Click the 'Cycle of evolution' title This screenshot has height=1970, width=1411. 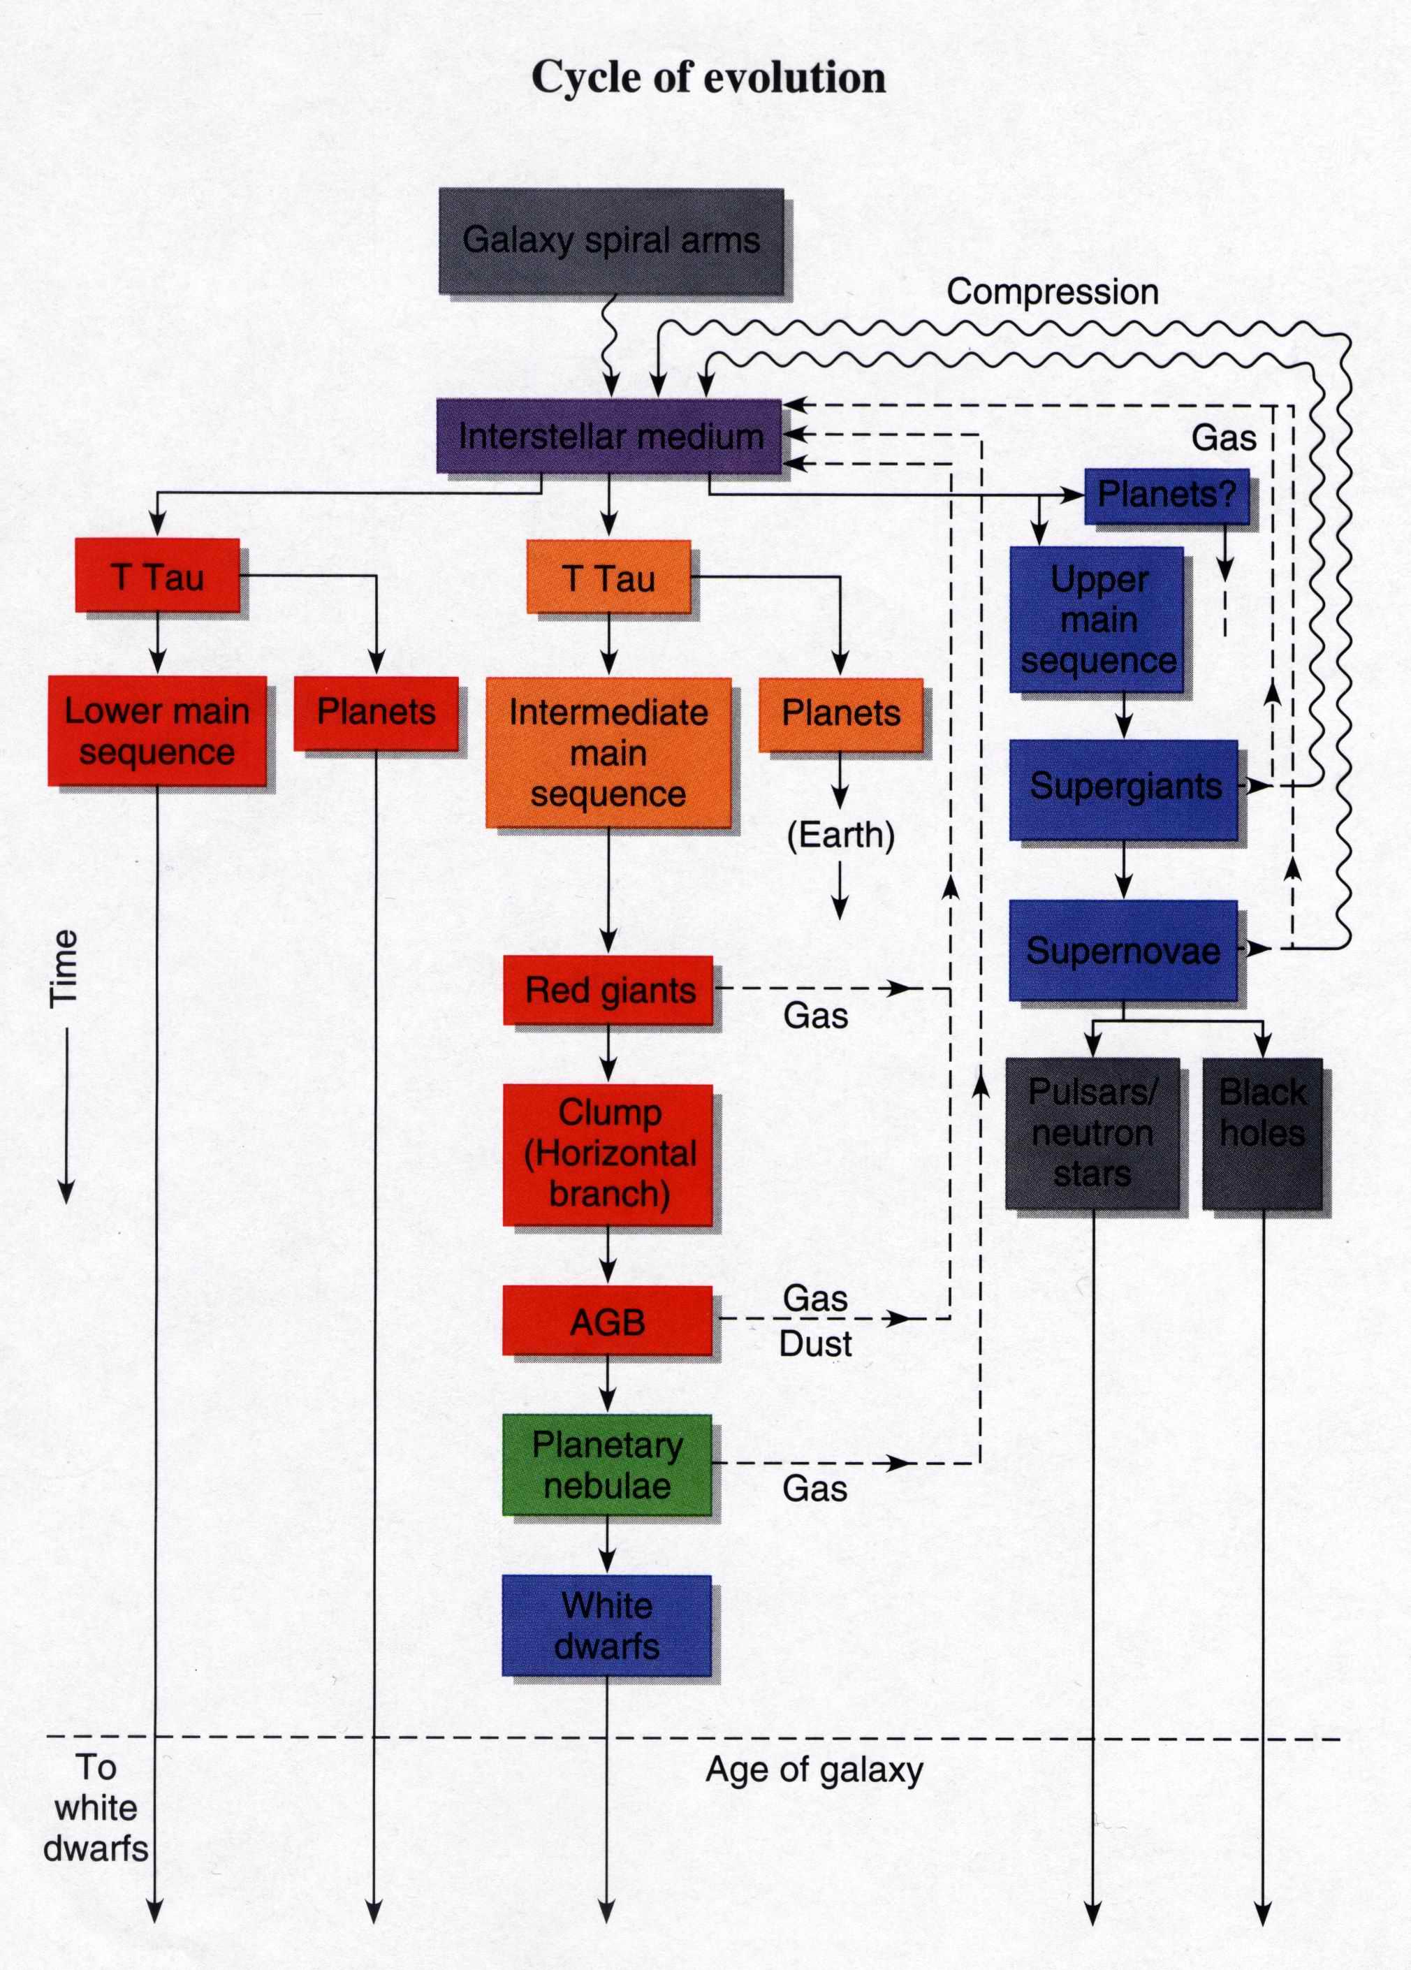click(708, 78)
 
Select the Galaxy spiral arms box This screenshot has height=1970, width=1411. click(611, 240)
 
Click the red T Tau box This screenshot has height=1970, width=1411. click(157, 576)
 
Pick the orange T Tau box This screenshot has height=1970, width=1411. click(608, 578)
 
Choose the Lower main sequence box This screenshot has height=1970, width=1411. click(157, 731)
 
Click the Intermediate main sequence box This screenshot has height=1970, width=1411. click(608, 752)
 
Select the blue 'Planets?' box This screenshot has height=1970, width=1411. click(1166, 495)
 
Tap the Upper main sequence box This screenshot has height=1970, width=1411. click(1097, 620)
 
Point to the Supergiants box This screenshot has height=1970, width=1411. click(1124, 788)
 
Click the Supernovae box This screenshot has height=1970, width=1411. click(1123, 950)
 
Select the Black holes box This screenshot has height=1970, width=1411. click(1262, 1132)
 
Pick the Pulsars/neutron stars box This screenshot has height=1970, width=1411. click(1092, 1132)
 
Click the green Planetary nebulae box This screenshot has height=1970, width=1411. click(607, 1466)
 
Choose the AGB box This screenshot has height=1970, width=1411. click(607, 1321)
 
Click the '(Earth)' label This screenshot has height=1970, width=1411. click(840, 835)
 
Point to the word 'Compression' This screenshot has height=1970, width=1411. click(1053, 292)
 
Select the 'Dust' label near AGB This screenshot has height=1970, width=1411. click(814, 1344)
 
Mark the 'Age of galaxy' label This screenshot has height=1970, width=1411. click(814, 1770)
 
